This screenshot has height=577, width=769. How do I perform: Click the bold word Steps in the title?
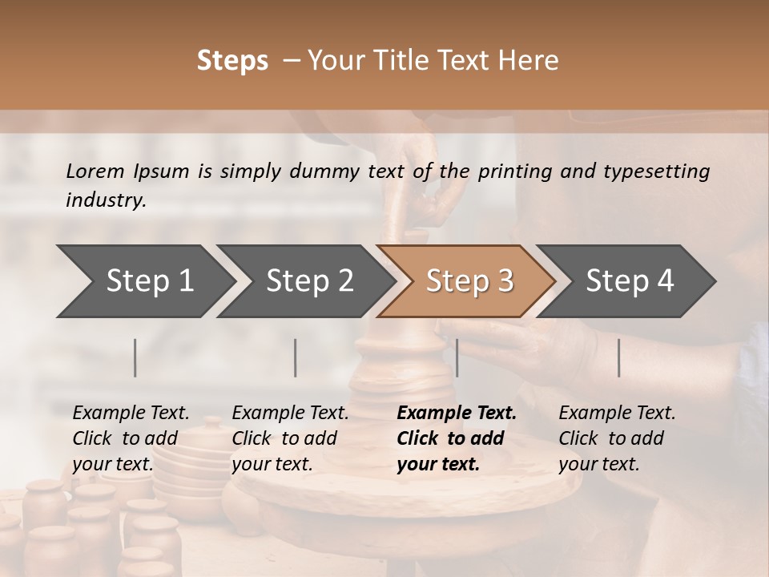pyautogui.click(x=232, y=61)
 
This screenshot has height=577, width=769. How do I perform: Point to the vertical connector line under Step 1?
pyautogui.click(x=135, y=357)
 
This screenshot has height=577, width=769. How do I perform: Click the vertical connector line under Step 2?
pyautogui.click(x=296, y=357)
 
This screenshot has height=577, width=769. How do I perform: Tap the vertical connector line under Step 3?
pyautogui.click(x=457, y=357)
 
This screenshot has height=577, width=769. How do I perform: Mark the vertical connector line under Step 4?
pyautogui.click(x=619, y=357)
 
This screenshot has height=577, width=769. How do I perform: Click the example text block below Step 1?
pyautogui.click(x=131, y=438)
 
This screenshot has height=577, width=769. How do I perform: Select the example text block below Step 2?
pyautogui.click(x=290, y=438)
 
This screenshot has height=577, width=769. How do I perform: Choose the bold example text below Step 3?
pyautogui.click(x=457, y=438)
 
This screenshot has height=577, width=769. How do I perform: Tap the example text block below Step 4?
pyautogui.click(x=617, y=438)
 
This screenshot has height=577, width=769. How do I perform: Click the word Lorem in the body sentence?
pyautogui.click(x=95, y=171)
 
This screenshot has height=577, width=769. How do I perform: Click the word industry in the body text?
pyautogui.click(x=106, y=200)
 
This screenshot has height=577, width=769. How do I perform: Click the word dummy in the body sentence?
pyautogui.click(x=326, y=171)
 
